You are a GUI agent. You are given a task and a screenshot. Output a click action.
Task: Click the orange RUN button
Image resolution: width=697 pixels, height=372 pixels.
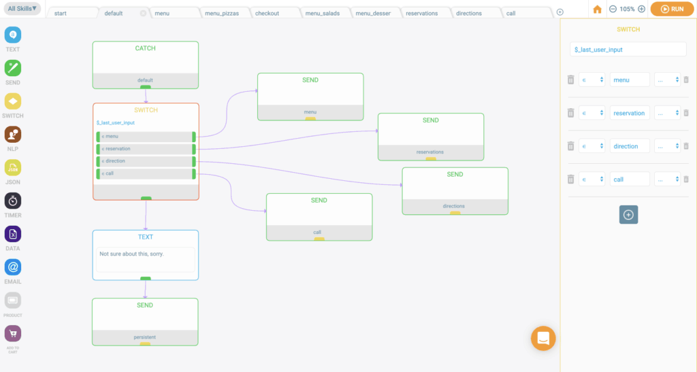(x=672, y=9)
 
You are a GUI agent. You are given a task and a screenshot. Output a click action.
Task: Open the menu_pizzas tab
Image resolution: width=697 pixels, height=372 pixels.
(x=222, y=14)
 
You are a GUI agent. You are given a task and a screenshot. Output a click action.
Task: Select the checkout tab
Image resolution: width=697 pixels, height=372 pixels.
(x=267, y=14)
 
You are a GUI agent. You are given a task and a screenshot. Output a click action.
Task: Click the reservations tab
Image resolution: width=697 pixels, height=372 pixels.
(x=422, y=14)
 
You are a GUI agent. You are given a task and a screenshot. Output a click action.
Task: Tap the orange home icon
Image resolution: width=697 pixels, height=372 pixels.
(x=597, y=10)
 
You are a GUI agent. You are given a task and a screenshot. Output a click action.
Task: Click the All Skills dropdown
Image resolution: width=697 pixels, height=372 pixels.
(x=22, y=8)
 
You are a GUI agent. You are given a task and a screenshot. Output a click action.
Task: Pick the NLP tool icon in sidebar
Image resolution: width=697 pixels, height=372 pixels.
(x=13, y=135)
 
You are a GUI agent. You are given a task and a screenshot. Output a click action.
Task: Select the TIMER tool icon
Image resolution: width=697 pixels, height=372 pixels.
(x=13, y=201)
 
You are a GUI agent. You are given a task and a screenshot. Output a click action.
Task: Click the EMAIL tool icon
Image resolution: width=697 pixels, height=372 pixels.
(x=13, y=267)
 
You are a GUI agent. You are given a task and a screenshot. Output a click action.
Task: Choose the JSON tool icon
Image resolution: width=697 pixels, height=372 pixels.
(x=13, y=168)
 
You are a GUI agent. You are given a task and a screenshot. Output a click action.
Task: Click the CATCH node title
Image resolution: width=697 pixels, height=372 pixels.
(x=146, y=48)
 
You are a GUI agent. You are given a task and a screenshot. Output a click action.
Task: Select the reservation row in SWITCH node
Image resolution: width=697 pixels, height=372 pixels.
(x=146, y=149)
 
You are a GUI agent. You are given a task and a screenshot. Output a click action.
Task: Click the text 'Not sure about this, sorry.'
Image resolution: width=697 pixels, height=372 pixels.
(x=131, y=254)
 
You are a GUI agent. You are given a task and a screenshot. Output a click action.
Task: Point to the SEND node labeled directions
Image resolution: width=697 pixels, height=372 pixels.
(x=455, y=191)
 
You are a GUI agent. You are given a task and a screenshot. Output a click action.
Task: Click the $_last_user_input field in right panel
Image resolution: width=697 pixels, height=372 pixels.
(x=628, y=49)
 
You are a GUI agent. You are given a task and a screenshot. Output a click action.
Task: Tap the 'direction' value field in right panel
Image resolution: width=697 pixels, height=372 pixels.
(x=630, y=146)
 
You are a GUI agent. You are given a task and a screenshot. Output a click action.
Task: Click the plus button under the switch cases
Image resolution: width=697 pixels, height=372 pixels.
(x=628, y=215)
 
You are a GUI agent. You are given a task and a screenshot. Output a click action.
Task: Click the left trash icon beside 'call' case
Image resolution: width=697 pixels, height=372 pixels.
(x=571, y=180)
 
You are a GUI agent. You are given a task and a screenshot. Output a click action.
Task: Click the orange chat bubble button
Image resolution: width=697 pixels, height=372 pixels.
(x=543, y=338)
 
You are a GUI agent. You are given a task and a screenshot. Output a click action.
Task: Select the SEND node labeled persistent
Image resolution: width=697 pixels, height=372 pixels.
(x=146, y=322)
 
